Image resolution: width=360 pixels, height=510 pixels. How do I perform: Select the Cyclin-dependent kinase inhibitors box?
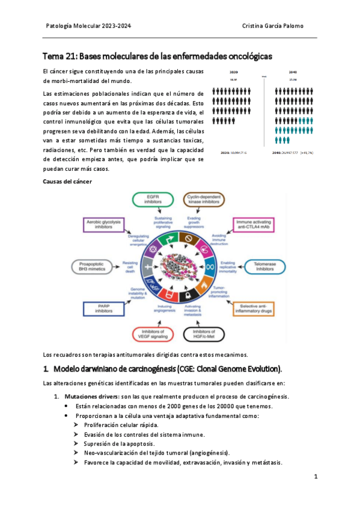pos(203,200)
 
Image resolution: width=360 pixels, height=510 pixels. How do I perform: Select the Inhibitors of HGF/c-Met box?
pos(203,334)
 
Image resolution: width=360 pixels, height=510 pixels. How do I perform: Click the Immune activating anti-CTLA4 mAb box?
pos(249,224)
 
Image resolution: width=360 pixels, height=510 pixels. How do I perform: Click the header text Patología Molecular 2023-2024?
pos(88,26)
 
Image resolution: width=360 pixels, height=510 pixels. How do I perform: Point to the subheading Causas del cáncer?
pos(68,181)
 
